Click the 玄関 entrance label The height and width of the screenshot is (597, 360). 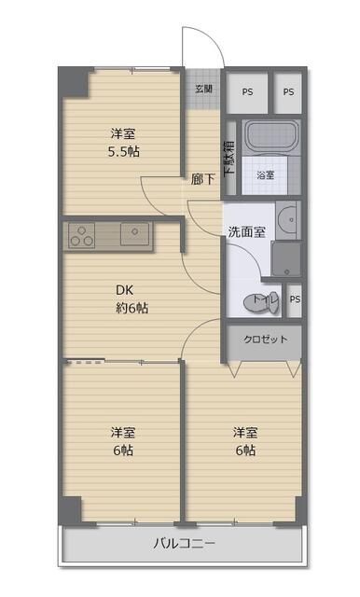(x=203, y=90)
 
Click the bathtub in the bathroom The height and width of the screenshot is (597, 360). (x=270, y=140)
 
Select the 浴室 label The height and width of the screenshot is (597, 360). (x=266, y=175)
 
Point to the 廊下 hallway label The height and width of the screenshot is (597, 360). (x=202, y=180)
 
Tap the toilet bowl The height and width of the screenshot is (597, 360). (x=255, y=301)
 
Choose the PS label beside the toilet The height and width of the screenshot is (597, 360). (x=294, y=299)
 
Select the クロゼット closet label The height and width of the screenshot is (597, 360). (x=265, y=340)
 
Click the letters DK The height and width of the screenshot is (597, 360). (x=121, y=289)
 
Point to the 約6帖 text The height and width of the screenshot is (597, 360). (x=131, y=308)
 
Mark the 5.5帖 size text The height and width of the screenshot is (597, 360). (x=122, y=150)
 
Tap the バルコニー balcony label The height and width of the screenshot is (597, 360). (x=184, y=544)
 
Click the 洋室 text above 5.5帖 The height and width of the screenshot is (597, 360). (x=121, y=132)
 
